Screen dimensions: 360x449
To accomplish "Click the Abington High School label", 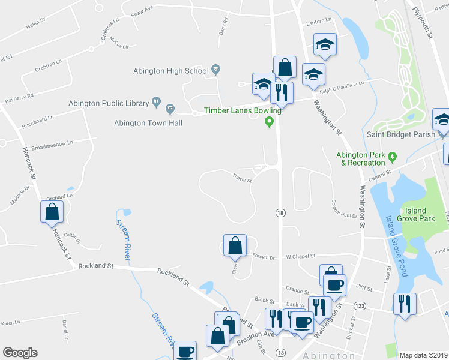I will pos(171,71).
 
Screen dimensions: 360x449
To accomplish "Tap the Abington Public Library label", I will pos(109,103).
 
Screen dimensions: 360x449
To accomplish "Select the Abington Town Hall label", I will pos(148,123).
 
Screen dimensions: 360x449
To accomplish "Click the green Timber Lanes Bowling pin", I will pos(269,123).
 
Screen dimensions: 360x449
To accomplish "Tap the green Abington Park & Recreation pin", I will pos(393,158).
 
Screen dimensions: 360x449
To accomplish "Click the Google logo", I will pos(20,353).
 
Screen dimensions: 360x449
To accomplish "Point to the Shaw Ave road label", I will pos(142,11).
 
